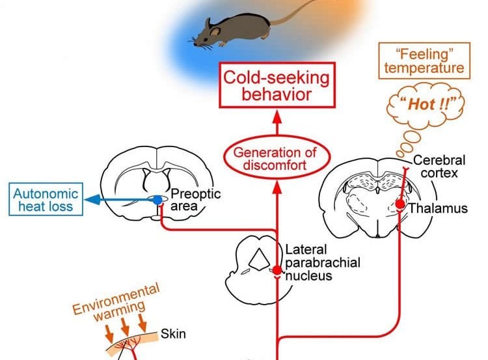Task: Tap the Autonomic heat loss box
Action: pos(45,199)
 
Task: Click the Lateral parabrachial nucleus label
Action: pos(322,262)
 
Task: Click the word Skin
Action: pos(174,335)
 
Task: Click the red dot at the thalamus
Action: pos(400,204)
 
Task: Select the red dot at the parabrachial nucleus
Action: pos(277,270)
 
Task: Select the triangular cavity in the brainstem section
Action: pos(259,260)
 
